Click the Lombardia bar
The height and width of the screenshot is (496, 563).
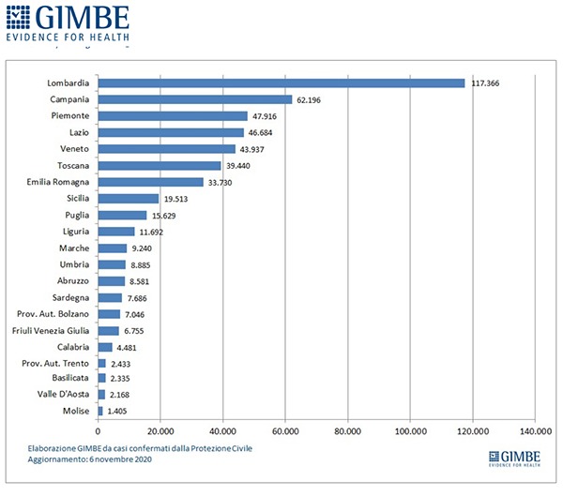tap(281, 83)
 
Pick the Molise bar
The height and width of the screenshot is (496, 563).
tap(100, 411)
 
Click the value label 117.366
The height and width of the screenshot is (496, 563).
tap(488, 83)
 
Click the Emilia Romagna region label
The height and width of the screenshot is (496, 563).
tap(58, 182)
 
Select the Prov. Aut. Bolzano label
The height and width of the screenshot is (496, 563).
tap(53, 313)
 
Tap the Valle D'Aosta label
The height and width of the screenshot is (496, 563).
tap(64, 395)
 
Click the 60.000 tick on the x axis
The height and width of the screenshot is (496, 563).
tap(285, 431)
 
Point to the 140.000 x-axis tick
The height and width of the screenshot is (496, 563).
tap(534, 431)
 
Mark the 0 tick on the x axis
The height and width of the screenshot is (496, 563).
tap(99, 431)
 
